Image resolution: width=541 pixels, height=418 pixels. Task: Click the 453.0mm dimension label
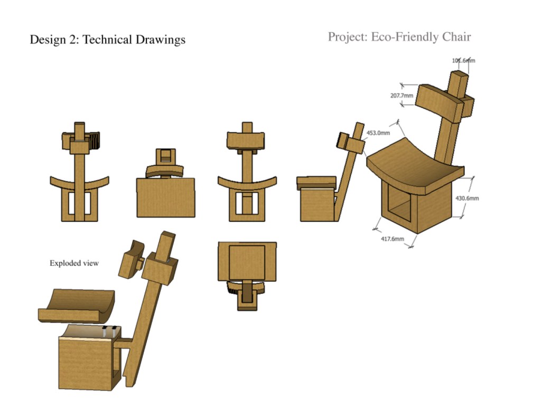(378, 133)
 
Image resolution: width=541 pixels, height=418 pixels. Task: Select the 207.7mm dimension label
(402, 96)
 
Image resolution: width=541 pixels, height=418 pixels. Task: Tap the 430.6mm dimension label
(467, 198)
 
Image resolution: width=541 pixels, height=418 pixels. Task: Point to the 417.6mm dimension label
(393, 239)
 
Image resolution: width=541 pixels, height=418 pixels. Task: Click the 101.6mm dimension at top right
(463, 60)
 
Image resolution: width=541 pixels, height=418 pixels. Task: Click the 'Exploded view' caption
(74, 263)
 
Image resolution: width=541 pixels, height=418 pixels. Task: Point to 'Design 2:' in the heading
(54, 40)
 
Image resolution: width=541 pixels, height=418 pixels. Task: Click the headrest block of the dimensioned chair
(439, 100)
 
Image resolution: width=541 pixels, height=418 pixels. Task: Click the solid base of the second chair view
(165, 197)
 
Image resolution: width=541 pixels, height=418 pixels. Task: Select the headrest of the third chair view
(246, 140)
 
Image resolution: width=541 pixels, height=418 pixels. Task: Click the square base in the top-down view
(247, 261)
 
